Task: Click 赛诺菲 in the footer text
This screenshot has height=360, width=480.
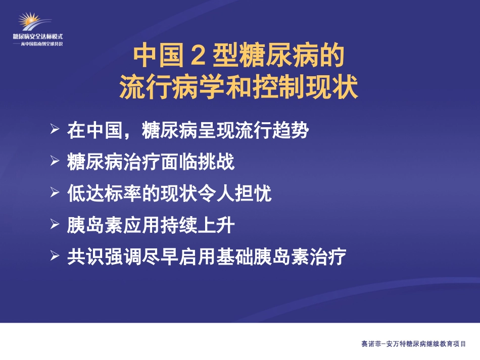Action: tap(371, 344)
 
